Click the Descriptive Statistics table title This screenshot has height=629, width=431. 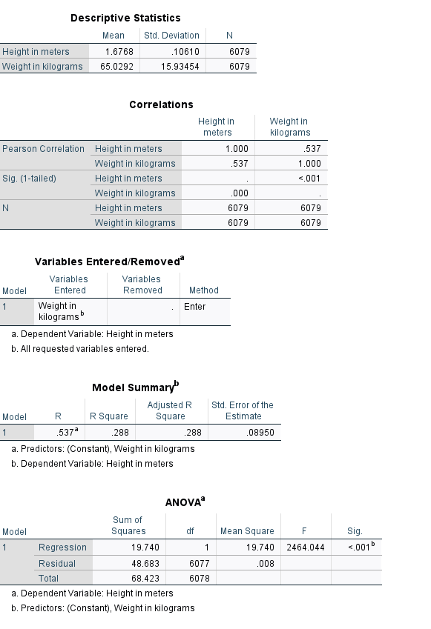coord(125,18)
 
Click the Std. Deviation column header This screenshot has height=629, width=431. coord(171,36)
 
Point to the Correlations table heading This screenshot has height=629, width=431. coord(161,105)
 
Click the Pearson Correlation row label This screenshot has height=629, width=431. coord(44,149)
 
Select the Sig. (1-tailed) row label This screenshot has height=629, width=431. coord(30,179)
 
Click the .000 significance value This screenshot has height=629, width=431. coord(236,193)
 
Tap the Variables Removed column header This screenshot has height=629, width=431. coord(142,284)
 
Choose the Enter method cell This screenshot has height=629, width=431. coord(195,307)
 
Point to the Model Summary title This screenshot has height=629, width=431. coord(136,387)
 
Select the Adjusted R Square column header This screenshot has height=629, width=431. coord(170,410)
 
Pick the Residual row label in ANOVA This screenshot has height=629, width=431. coord(57,564)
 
